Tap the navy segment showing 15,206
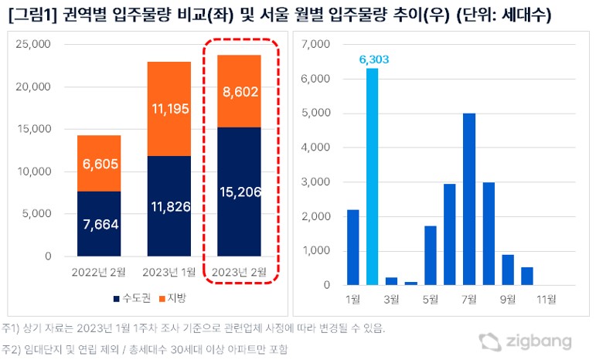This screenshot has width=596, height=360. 239,191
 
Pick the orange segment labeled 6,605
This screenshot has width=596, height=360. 99,163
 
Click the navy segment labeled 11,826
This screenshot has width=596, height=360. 169,205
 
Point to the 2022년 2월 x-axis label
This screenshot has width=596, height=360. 99,271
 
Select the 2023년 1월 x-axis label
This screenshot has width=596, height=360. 169,271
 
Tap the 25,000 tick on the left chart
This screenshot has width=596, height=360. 33,44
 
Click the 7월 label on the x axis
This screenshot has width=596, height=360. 468,297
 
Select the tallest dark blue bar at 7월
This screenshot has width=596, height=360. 468,199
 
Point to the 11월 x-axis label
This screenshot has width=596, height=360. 546,297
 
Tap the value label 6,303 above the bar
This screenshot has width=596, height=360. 372,59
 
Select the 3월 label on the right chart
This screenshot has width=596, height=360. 391,297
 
